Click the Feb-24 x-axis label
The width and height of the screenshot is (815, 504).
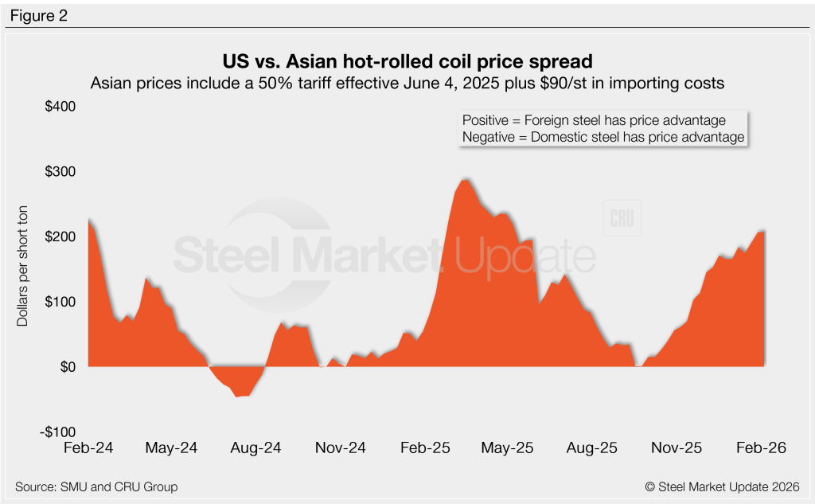88,448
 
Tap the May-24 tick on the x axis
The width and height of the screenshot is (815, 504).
171,448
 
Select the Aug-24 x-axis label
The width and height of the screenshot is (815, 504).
255,448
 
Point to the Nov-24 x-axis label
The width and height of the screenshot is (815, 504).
340,448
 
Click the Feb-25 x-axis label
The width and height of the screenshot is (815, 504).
424,448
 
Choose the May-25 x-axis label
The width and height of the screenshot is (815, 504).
507,448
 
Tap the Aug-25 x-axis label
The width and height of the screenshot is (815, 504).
591,448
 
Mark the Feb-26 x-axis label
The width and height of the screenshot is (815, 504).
760,448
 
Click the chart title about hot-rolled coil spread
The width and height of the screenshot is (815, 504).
408,61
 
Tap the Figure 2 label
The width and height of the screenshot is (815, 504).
39,14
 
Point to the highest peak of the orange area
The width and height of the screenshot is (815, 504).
465,180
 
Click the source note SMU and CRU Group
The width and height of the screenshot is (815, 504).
96,486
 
